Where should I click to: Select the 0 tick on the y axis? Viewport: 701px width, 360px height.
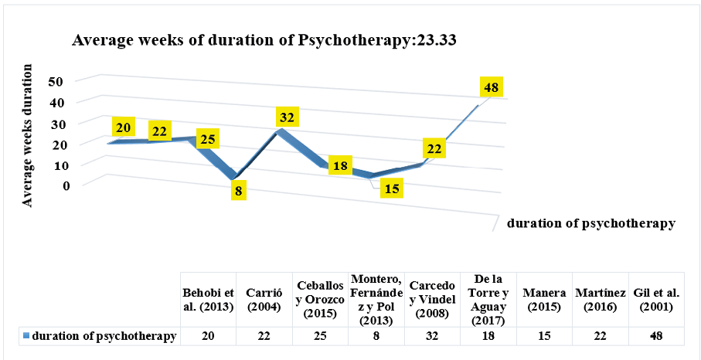(x=66, y=185)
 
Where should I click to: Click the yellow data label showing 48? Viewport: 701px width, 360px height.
(x=491, y=87)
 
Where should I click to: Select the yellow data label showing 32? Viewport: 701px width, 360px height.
(x=288, y=117)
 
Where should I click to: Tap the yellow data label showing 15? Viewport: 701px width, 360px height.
(x=393, y=188)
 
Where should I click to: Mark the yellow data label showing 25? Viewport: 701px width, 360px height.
(x=206, y=138)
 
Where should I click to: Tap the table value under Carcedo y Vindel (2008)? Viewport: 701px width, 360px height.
(x=433, y=336)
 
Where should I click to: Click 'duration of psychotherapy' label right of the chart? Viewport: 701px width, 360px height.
(x=591, y=224)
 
